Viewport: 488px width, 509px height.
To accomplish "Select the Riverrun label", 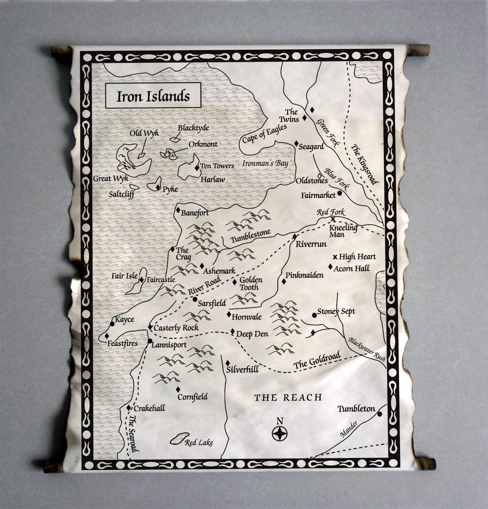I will click(311, 244).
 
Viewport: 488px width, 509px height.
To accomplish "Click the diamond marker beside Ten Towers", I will click(197, 168).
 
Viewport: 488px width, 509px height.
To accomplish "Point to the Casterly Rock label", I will click(176, 328).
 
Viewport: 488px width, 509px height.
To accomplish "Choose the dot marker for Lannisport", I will click(150, 341).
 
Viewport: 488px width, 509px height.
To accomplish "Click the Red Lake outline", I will click(179, 438).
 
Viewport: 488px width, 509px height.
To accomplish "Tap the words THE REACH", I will click(288, 397).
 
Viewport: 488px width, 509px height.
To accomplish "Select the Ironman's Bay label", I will click(265, 163).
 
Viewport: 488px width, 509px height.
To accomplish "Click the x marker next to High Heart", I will click(335, 257).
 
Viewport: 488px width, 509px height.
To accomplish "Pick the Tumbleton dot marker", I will click(380, 414).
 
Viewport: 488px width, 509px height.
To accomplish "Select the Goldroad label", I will click(317, 360).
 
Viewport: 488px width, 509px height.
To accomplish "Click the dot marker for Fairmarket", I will click(340, 193).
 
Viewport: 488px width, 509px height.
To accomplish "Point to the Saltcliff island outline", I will click(134, 186).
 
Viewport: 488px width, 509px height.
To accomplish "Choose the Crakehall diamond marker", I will click(129, 408).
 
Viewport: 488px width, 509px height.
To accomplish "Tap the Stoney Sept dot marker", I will click(314, 315).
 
